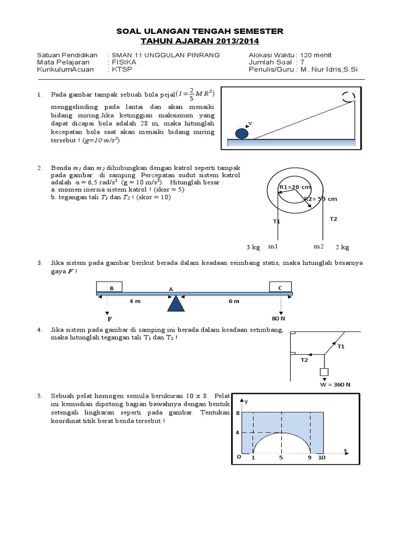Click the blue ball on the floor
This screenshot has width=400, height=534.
tap(242, 133)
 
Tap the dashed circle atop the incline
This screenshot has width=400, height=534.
tap(348, 96)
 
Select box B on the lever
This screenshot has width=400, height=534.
tap(109, 286)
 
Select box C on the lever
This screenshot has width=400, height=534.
tap(281, 286)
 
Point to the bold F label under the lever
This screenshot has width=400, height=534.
tap(109, 319)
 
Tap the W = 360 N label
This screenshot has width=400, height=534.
tap(335, 384)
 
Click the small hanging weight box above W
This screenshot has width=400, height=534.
tap(324, 372)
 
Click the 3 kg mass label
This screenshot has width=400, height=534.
tap(253, 246)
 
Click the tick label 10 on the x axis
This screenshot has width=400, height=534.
tap(322, 457)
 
